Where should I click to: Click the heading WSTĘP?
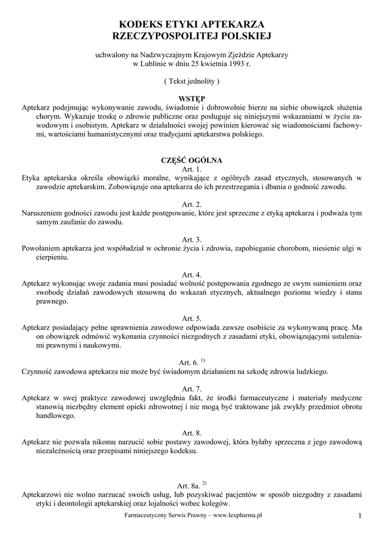point(191,98)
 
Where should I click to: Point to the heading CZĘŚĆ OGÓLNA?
point(191,160)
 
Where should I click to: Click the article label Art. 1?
point(191,169)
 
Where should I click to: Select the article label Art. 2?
point(191,205)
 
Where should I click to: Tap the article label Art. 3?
point(191,240)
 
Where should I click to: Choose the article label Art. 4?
point(191,275)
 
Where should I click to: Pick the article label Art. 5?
point(191,318)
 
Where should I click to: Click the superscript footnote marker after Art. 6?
point(203,360)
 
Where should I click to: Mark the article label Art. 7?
point(191,389)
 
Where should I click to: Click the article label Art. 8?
point(191,433)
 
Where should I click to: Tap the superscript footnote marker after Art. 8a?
point(204,483)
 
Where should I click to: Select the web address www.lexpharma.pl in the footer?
point(238,515)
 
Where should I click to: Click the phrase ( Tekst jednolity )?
point(191,81)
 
